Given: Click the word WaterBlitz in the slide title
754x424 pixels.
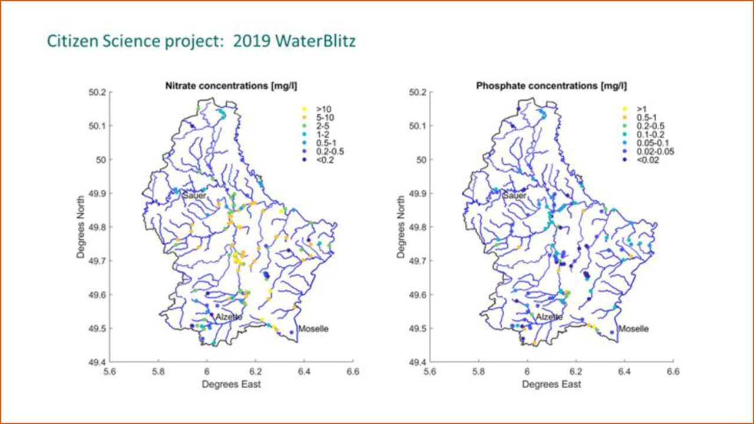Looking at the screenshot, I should pyautogui.click(x=322, y=42).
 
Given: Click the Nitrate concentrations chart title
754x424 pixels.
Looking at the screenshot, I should pyautogui.click(x=230, y=86).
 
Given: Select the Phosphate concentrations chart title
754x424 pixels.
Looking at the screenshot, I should pyautogui.click(x=551, y=86).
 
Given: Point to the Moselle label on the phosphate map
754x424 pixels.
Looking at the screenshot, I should pyautogui.click(x=633, y=329).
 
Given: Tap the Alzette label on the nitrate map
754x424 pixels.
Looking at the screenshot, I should pyautogui.click(x=229, y=317).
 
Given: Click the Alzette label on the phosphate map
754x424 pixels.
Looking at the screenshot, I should pyautogui.click(x=549, y=317).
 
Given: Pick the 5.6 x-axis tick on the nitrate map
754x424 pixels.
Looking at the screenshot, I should pyautogui.click(x=110, y=372).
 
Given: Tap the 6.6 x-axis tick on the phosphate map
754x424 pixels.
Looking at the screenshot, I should pyautogui.click(x=673, y=372).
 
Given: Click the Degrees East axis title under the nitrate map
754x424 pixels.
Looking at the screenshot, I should pyautogui.click(x=231, y=384).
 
